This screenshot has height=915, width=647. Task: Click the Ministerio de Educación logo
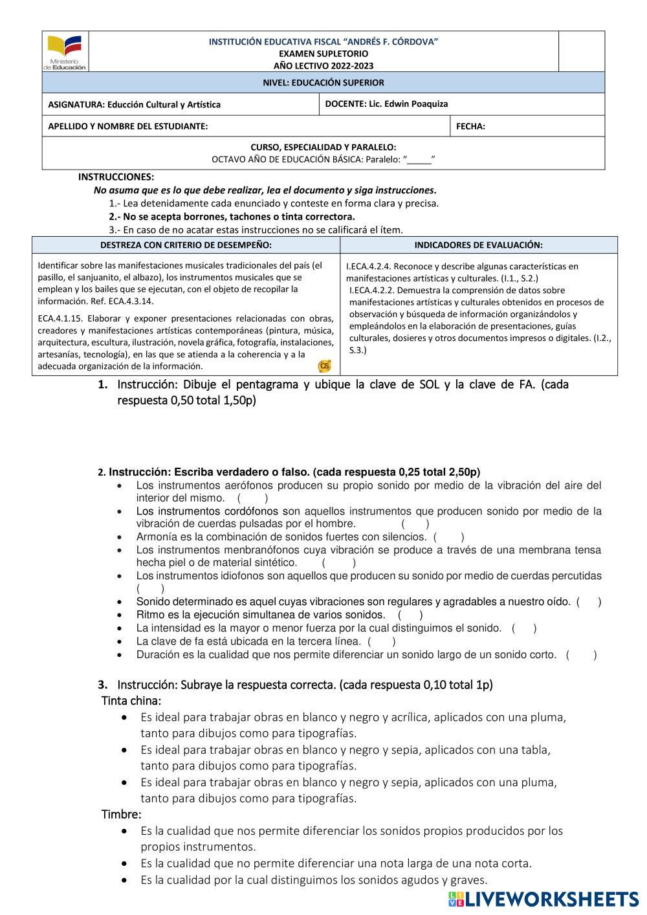click(x=65, y=52)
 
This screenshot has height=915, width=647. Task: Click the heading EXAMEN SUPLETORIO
click(x=323, y=54)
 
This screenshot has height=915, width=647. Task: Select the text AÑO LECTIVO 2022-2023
click(x=323, y=65)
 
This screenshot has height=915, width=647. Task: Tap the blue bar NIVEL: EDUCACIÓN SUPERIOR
click(x=323, y=82)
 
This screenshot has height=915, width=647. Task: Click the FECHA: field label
click(x=470, y=126)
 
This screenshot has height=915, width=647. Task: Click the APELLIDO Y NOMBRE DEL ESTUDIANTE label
click(x=128, y=126)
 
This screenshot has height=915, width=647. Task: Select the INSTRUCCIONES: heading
click(x=116, y=177)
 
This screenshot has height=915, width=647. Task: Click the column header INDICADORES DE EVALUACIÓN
click(x=478, y=245)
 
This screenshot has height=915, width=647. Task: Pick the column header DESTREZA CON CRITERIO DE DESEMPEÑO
click(x=186, y=245)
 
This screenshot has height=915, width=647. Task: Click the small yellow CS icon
click(x=325, y=366)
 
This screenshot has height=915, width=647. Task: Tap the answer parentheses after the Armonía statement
click(x=448, y=536)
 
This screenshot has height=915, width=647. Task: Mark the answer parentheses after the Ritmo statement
click(x=410, y=615)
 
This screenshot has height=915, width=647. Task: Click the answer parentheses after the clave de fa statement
click(x=381, y=641)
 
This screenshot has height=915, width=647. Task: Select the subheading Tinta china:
click(x=131, y=700)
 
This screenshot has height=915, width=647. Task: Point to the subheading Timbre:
click(x=121, y=814)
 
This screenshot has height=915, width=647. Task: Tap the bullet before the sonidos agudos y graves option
click(x=124, y=880)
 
